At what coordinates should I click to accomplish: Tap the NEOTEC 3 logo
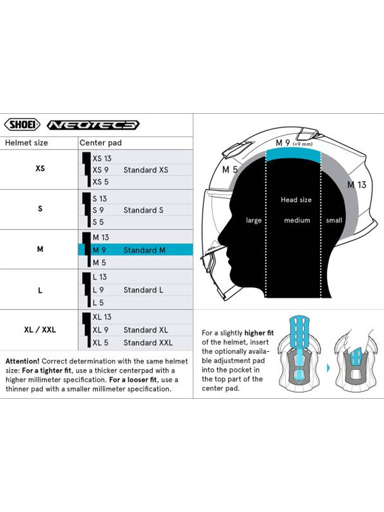coord(93,125)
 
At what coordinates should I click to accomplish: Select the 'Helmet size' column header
coord(26,143)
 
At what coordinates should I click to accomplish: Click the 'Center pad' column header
coord(100,143)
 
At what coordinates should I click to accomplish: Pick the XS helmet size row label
coord(40,168)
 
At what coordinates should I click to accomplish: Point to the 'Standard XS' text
coord(145,170)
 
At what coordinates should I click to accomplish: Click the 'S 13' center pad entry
coord(99,199)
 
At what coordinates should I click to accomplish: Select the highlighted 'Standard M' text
coord(145,250)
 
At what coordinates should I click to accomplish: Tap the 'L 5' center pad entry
coord(98,303)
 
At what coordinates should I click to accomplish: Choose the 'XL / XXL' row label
coord(40,330)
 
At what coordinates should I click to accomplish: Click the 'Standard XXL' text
coord(147,343)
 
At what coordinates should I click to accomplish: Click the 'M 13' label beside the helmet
coord(357,185)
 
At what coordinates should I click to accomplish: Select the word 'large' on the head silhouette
coord(253,220)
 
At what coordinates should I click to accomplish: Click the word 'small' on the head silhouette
coord(334,220)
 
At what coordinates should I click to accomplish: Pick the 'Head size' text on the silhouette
coord(296,200)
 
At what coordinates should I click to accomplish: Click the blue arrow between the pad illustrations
coord(328,367)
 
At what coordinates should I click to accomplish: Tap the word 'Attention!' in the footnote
coord(23,361)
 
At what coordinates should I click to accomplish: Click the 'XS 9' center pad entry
coord(100,170)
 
